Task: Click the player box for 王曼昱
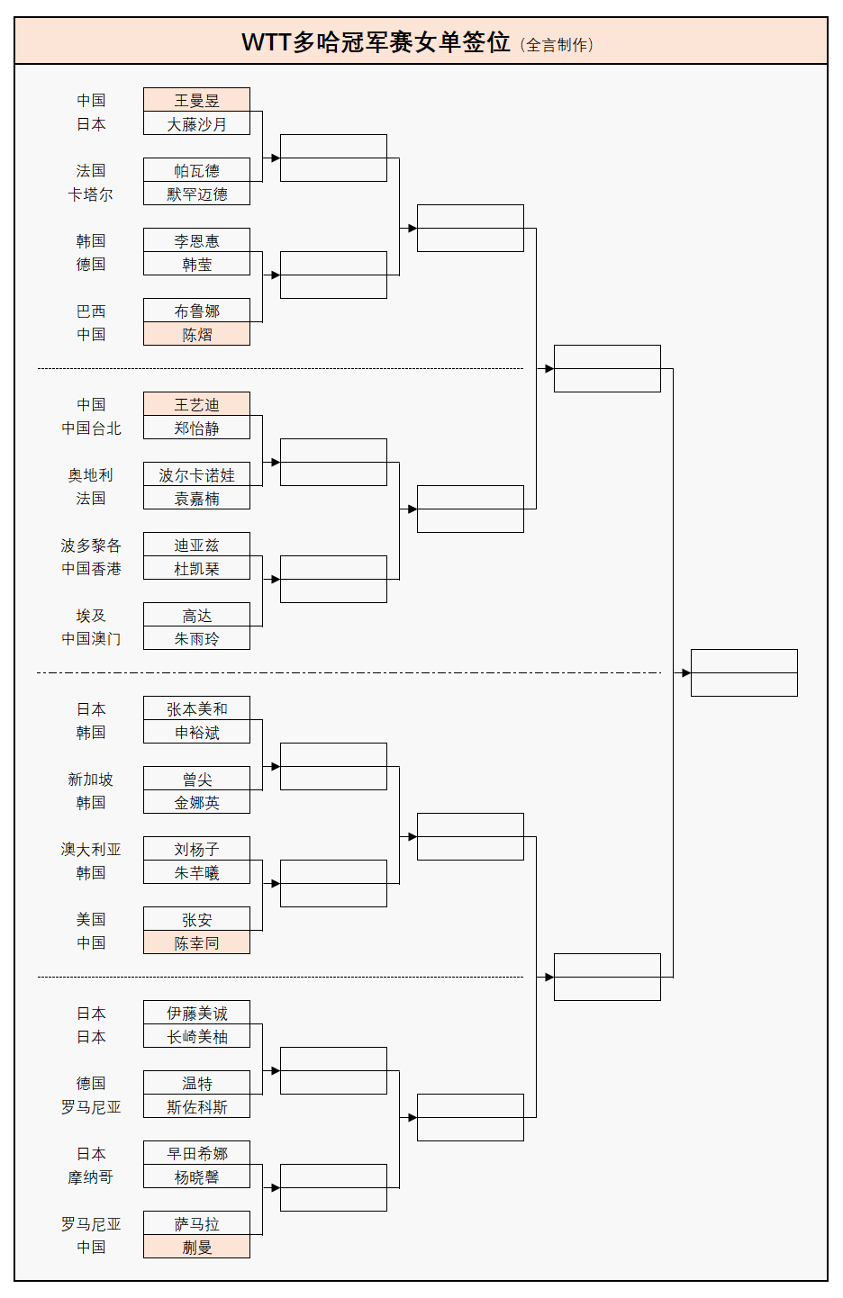196,100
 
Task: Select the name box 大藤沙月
196,123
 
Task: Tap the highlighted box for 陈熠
196,334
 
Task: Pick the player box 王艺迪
196,404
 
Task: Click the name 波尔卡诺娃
196,474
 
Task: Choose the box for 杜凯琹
196,568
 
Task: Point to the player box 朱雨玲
196,638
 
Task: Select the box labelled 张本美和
196,708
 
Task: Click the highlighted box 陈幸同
196,942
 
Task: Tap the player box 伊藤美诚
196,1013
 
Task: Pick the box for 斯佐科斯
196,1106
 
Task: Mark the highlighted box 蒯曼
196,1247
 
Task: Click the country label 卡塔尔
91,194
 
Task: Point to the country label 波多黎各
91,545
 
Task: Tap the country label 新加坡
91,779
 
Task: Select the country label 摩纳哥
91,1176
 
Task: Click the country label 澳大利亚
91,849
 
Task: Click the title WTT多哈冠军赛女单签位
376,42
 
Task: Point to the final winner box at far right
744,672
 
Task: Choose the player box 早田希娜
196,1153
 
